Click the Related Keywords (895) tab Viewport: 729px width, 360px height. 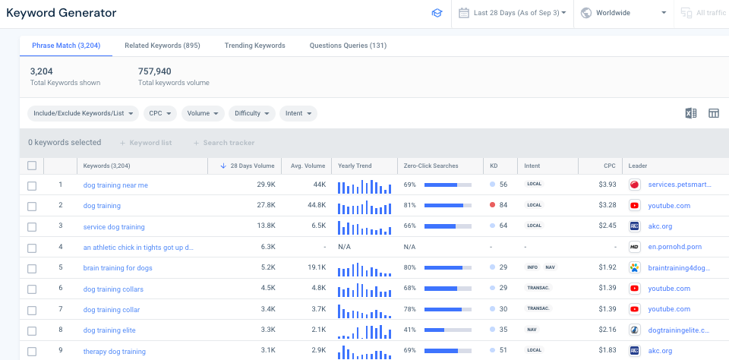click(x=162, y=46)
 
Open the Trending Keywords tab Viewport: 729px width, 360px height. click(x=254, y=46)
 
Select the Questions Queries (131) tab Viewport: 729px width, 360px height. click(x=348, y=46)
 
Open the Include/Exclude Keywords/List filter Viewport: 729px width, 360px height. click(x=84, y=113)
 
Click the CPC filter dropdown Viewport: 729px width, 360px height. click(x=159, y=113)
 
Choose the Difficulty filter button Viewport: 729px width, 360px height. click(x=251, y=113)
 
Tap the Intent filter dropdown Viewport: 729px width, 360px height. click(x=298, y=113)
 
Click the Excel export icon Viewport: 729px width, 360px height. click(x=691, y=113)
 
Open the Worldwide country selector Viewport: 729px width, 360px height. click(x=623, y=13)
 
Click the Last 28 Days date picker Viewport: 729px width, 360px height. click(x=514, y=13)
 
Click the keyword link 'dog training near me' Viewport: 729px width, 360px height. click(x=115, y=185)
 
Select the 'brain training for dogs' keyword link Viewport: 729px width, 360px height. click(x=118, y=267)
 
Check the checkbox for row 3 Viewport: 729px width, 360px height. click(x=32, y=226)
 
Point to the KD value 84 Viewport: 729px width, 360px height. click(x=503, y=205)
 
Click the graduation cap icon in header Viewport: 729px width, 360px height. click(x=437, y=13)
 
